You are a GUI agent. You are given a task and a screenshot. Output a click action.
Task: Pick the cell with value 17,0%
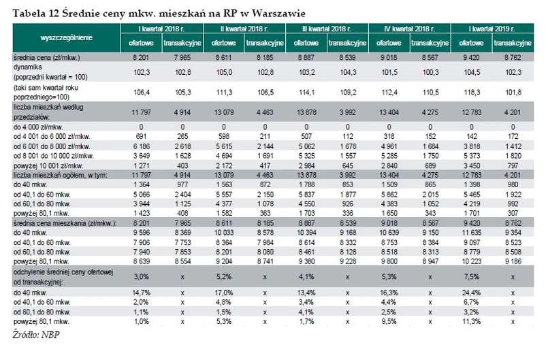[x=228, y=292]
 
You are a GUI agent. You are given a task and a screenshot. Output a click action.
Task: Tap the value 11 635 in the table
[x=475, y=233]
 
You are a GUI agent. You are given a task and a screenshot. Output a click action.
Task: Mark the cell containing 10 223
[x=475, y=262]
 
